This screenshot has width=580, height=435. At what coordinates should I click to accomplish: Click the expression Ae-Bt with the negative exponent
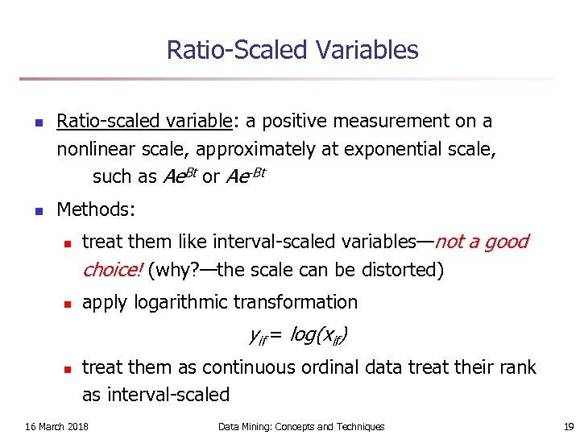(245, 176)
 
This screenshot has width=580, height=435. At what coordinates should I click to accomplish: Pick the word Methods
(96, 210)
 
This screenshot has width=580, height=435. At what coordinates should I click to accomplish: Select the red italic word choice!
(112, 270)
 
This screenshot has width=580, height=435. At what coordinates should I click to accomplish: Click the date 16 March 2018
(56, 426)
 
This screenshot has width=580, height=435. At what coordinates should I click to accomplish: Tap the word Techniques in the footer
(357, 426)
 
